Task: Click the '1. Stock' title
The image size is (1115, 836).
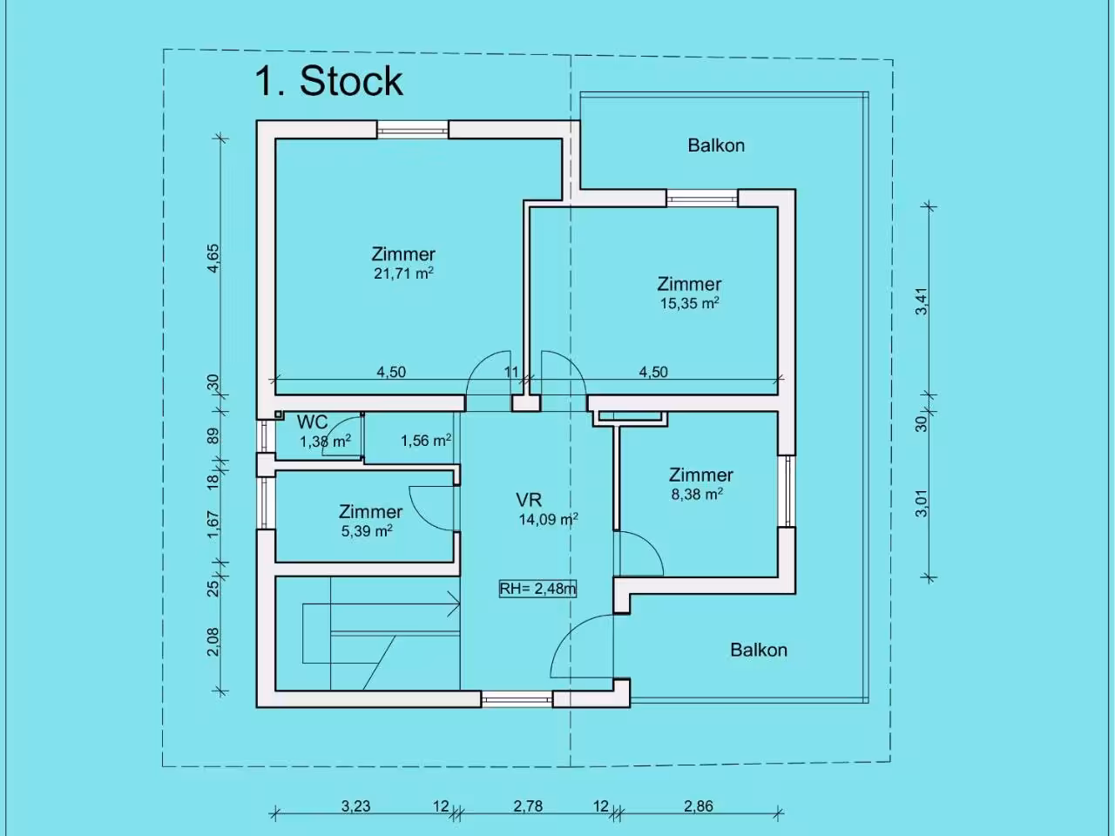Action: [328, 81]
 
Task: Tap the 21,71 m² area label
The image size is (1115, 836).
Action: [404, 273]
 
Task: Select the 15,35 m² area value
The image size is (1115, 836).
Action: [689, 304]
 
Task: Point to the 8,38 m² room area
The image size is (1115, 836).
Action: [697, 494]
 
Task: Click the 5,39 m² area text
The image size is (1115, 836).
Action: [367, 531]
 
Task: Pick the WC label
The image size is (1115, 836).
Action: [313, 421]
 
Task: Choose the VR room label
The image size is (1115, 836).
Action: [529, 500]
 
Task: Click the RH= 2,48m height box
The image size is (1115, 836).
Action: [537, 589]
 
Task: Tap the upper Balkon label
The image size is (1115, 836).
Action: [716, 145]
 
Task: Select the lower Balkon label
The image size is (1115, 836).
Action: [759, 651]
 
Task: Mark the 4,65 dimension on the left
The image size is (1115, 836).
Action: [214, 259]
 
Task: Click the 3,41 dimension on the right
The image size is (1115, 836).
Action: [922, 301]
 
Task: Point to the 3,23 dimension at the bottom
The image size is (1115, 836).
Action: [355, 806]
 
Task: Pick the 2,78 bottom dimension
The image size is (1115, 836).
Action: [528, 806]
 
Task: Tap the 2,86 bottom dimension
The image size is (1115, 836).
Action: [699, 806]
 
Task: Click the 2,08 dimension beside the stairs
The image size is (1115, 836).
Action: [213, 642]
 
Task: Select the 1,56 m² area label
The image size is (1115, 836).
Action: [426, 440]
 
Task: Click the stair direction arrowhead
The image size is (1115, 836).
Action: [454, 604]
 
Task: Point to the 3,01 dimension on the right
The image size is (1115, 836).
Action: [922, 503]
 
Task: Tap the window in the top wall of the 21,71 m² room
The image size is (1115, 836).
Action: [413, 130]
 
